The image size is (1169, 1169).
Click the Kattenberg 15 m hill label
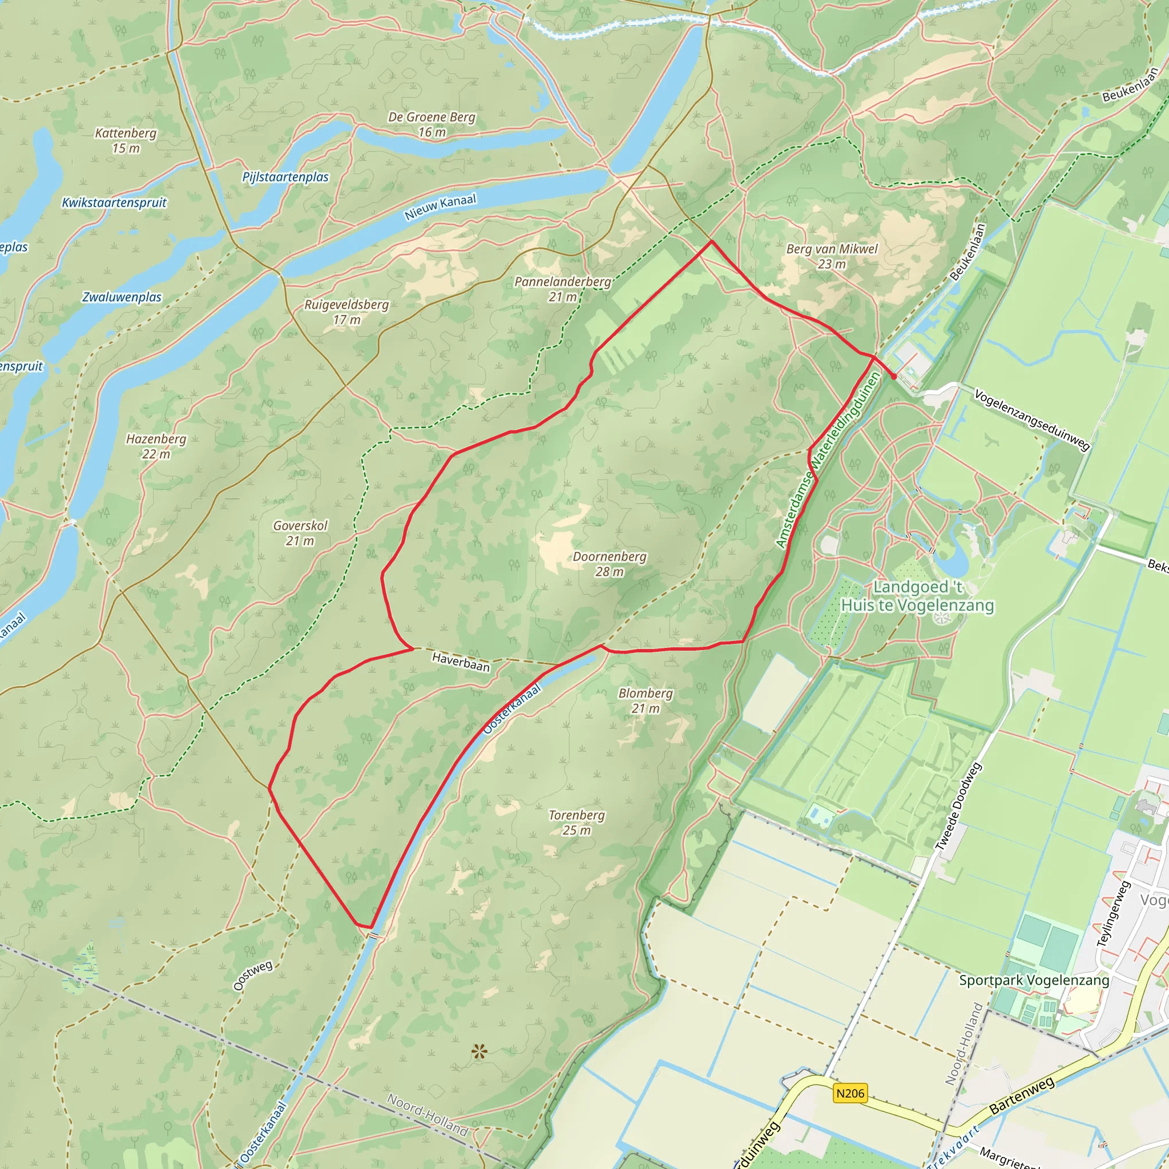point(125,140)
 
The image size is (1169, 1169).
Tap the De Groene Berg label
point(432,124)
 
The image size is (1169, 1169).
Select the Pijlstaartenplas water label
point(285,177)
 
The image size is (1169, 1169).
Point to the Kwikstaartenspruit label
point(114,203)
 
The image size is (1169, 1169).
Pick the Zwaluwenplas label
point(122,297)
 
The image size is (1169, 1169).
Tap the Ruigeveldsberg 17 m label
point(346,312)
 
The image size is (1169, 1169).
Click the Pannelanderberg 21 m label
point(563,289)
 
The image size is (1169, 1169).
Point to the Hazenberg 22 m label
point(156,446)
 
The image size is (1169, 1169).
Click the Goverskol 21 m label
point(300,533)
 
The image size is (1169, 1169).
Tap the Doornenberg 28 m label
point(609,563)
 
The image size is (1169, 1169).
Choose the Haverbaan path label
point(461,662)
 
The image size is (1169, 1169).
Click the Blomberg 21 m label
point(645,700)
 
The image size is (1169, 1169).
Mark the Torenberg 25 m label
point(576,823)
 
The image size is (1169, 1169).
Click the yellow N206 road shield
point(850,1093)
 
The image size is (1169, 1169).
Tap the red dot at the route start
point(894,376)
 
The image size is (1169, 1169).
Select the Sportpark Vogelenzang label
point(1034,980)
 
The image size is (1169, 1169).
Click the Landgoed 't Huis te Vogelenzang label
point(917,596)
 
